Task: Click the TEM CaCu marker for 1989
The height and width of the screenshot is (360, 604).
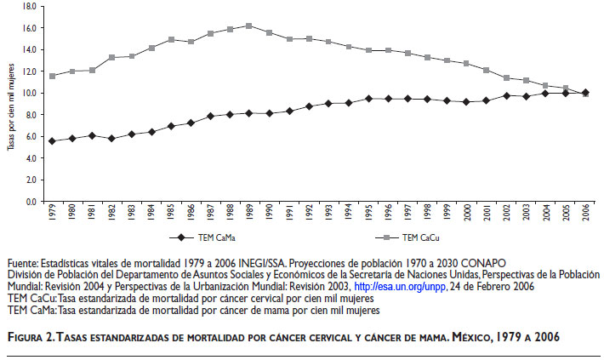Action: tap(248, 26)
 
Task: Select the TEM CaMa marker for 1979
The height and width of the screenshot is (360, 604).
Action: tap(52, 140)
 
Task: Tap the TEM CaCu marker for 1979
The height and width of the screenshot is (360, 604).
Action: tap(52, 76)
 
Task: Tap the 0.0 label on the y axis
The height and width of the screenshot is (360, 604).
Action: tap(30, 203)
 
